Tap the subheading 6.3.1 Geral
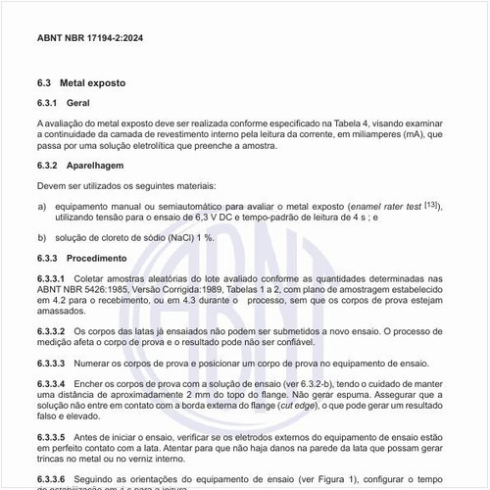coord(63,103)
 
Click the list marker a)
coord(42,207)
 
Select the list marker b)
coord(42,238)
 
